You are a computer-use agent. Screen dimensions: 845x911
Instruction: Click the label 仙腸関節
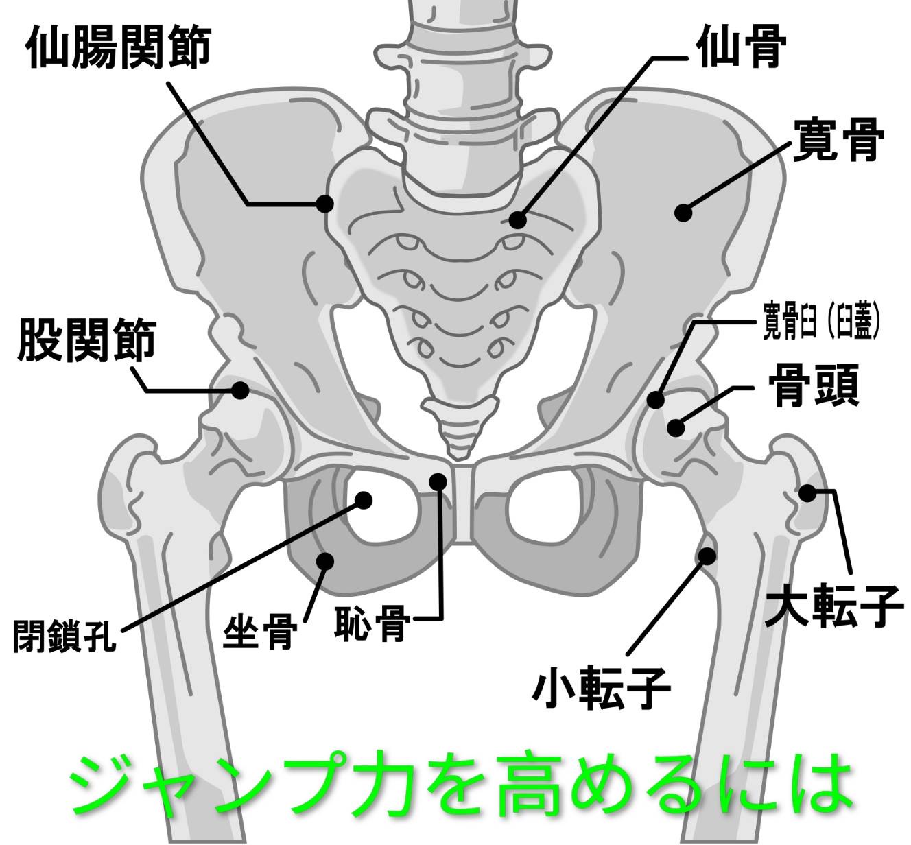click(118, 48)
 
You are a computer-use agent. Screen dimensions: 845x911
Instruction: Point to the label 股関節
click(86, 340)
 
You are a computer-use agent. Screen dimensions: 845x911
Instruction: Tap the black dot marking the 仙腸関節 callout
click(324, 204)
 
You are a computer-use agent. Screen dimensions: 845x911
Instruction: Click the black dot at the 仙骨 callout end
click(517, 220)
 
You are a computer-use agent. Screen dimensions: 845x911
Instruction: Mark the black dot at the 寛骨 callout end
click(683, 213)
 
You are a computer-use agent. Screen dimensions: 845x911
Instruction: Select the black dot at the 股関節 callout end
click(239, 390)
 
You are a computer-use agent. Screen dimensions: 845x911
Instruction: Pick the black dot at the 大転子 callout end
click(807, 492)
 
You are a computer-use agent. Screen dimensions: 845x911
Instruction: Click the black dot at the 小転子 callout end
click(707, 556)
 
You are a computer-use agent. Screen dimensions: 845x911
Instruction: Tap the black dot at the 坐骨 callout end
click(325, 561)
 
